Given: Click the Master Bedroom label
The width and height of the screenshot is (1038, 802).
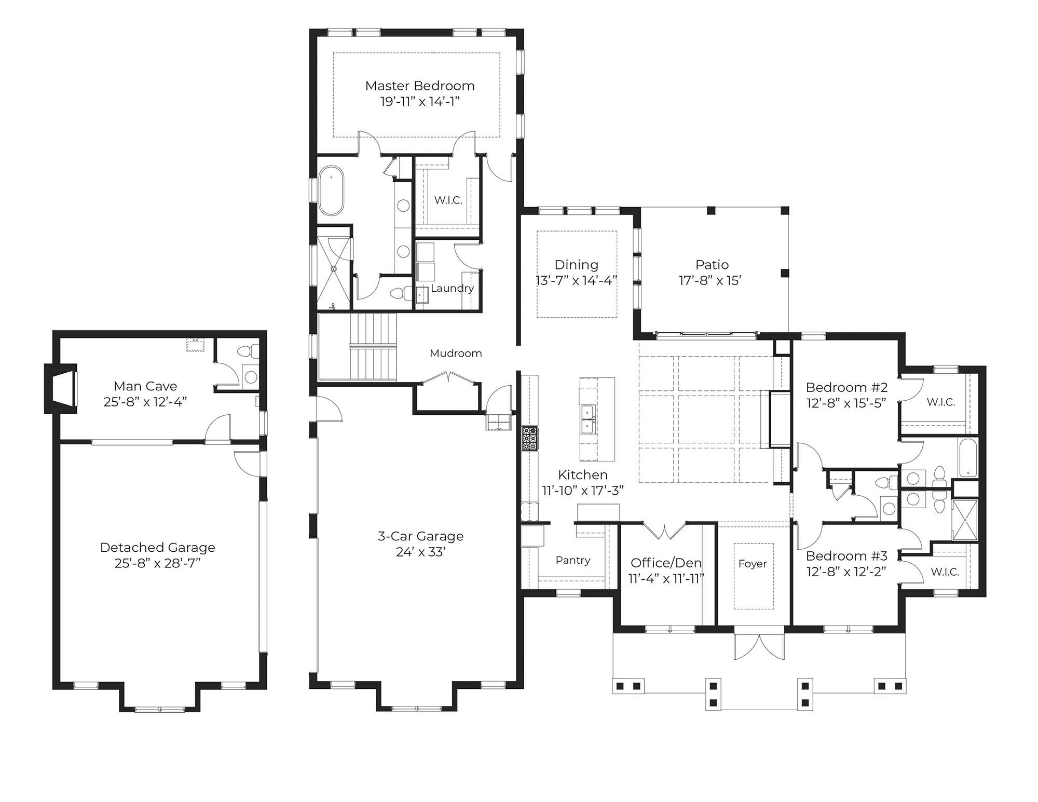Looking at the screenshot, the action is point(420,86).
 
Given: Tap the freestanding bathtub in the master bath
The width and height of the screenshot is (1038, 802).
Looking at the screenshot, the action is point(331,191).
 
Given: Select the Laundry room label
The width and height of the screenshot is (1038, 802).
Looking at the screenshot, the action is point(452,289).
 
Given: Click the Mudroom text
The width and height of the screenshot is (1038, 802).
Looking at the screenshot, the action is point(456,354).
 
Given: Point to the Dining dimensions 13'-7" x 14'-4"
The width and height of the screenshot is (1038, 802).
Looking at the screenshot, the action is point(577,281).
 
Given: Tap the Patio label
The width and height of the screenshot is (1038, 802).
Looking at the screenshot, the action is point(712,265).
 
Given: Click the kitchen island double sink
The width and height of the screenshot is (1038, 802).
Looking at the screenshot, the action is point(589,419).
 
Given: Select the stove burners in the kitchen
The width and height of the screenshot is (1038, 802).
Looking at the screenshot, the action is point(530,439).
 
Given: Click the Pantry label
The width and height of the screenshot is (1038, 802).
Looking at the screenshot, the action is point(573,560).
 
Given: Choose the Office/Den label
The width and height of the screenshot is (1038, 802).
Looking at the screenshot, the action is point(666,563).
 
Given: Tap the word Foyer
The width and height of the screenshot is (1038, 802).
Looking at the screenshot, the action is point(753,564).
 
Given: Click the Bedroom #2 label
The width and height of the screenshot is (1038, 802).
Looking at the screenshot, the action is point(847,387).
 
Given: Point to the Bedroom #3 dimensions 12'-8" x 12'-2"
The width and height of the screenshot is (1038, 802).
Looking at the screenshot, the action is point(846,572).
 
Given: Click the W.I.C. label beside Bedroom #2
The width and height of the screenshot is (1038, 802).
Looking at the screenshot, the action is point(941,402).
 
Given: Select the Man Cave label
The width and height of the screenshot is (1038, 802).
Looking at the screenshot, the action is point(145,386).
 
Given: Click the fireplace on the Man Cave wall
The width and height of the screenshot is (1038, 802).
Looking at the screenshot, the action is point(61,389).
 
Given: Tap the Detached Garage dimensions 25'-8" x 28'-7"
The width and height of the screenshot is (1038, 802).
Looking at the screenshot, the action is point(158,563).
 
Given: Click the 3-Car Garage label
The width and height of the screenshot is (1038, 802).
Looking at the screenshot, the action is point(420,536).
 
